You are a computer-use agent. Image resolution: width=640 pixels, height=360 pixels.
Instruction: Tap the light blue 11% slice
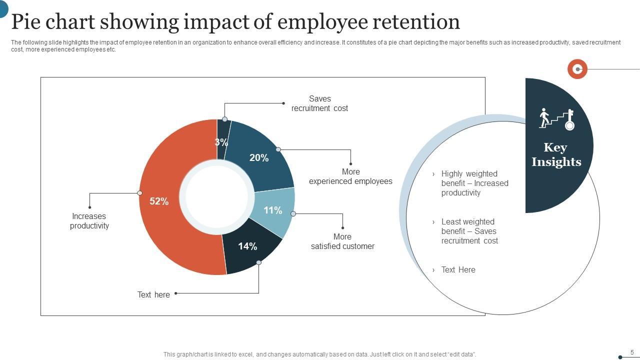(x=273, y=210)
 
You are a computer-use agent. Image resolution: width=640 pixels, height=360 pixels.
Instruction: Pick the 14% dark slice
(x=247, y=246)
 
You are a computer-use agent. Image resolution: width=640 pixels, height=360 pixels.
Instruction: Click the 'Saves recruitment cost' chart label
(x=319, y=103)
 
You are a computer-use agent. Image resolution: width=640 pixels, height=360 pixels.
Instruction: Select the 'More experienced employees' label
(x=350, y=176)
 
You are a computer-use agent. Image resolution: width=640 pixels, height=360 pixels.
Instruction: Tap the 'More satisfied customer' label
(x=342, y=241)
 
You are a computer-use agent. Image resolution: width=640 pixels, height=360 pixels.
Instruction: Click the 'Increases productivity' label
(x=89, y=221)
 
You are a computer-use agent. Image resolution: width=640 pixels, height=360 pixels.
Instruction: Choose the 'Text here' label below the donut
(x=153, y=295)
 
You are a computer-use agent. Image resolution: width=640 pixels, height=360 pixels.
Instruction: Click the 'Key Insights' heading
(x=556, y=154)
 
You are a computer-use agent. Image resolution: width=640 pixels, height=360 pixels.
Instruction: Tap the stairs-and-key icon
(x=556, y=119)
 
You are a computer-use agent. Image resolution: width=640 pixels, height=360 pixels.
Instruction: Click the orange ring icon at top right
(x=577, y=69)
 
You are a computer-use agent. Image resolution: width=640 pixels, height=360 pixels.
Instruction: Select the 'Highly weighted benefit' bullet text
(x=474, y=183)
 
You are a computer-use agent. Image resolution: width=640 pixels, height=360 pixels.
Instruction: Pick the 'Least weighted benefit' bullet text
(x=469, y=231)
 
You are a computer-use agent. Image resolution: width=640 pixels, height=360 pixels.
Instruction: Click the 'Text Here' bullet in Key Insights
(x=458, y=270)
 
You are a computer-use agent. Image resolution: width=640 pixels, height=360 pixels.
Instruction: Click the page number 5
(x=632, y=352)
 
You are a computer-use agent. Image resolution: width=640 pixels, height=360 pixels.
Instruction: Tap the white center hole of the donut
(x=217, y=197)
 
